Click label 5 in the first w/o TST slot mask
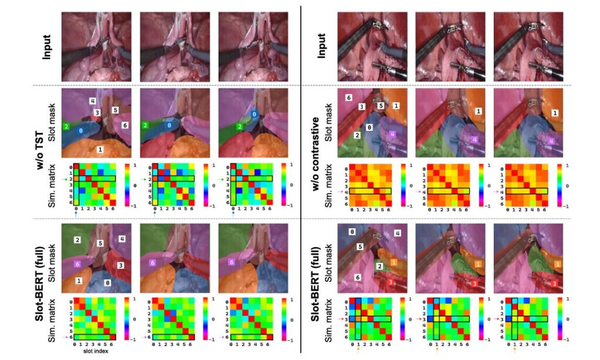click(115, 110)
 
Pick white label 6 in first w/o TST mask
click(124, 125)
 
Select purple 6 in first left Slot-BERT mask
click(76, 264)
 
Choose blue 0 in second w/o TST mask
click(169, 125)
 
